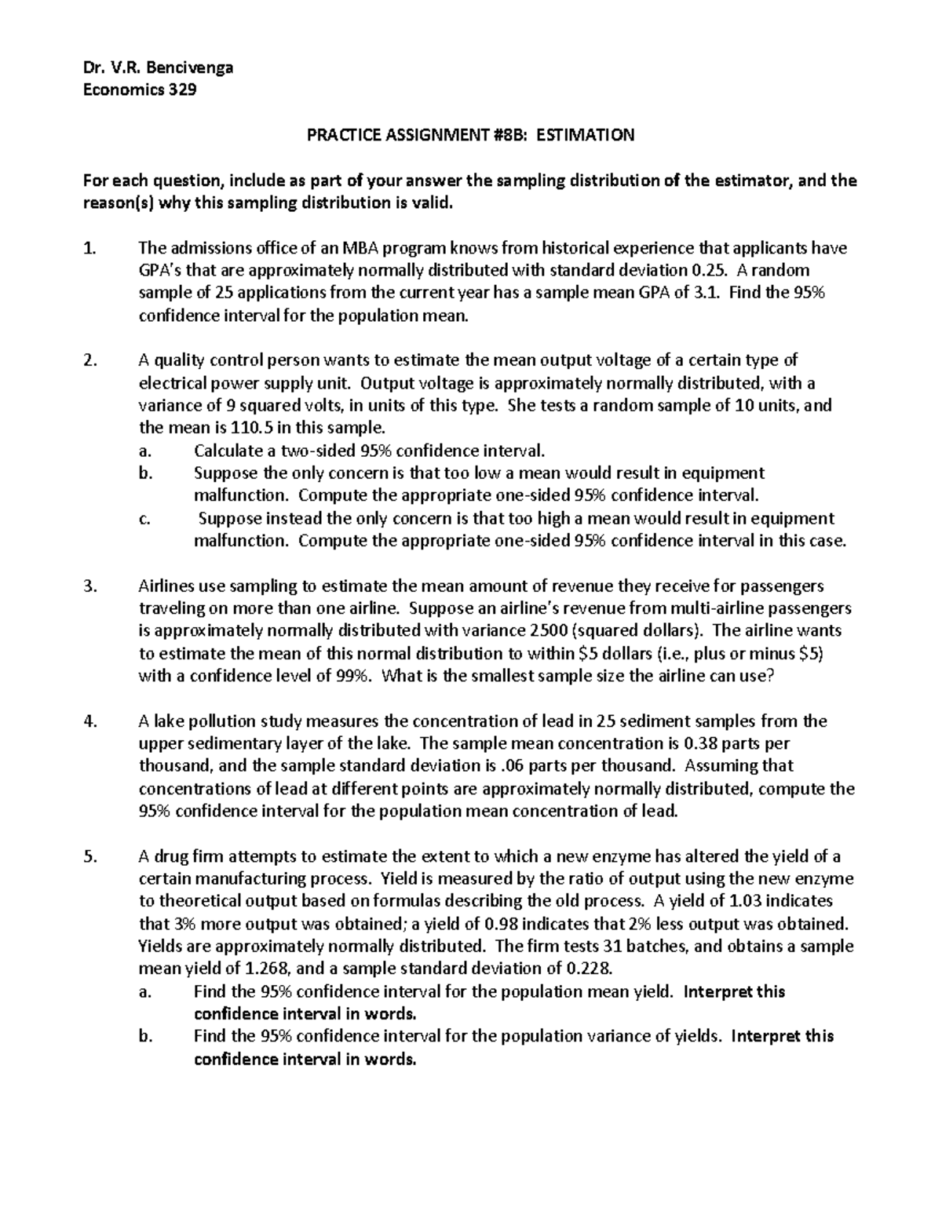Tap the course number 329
click(181, 89)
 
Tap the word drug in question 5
click(166, 856)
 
